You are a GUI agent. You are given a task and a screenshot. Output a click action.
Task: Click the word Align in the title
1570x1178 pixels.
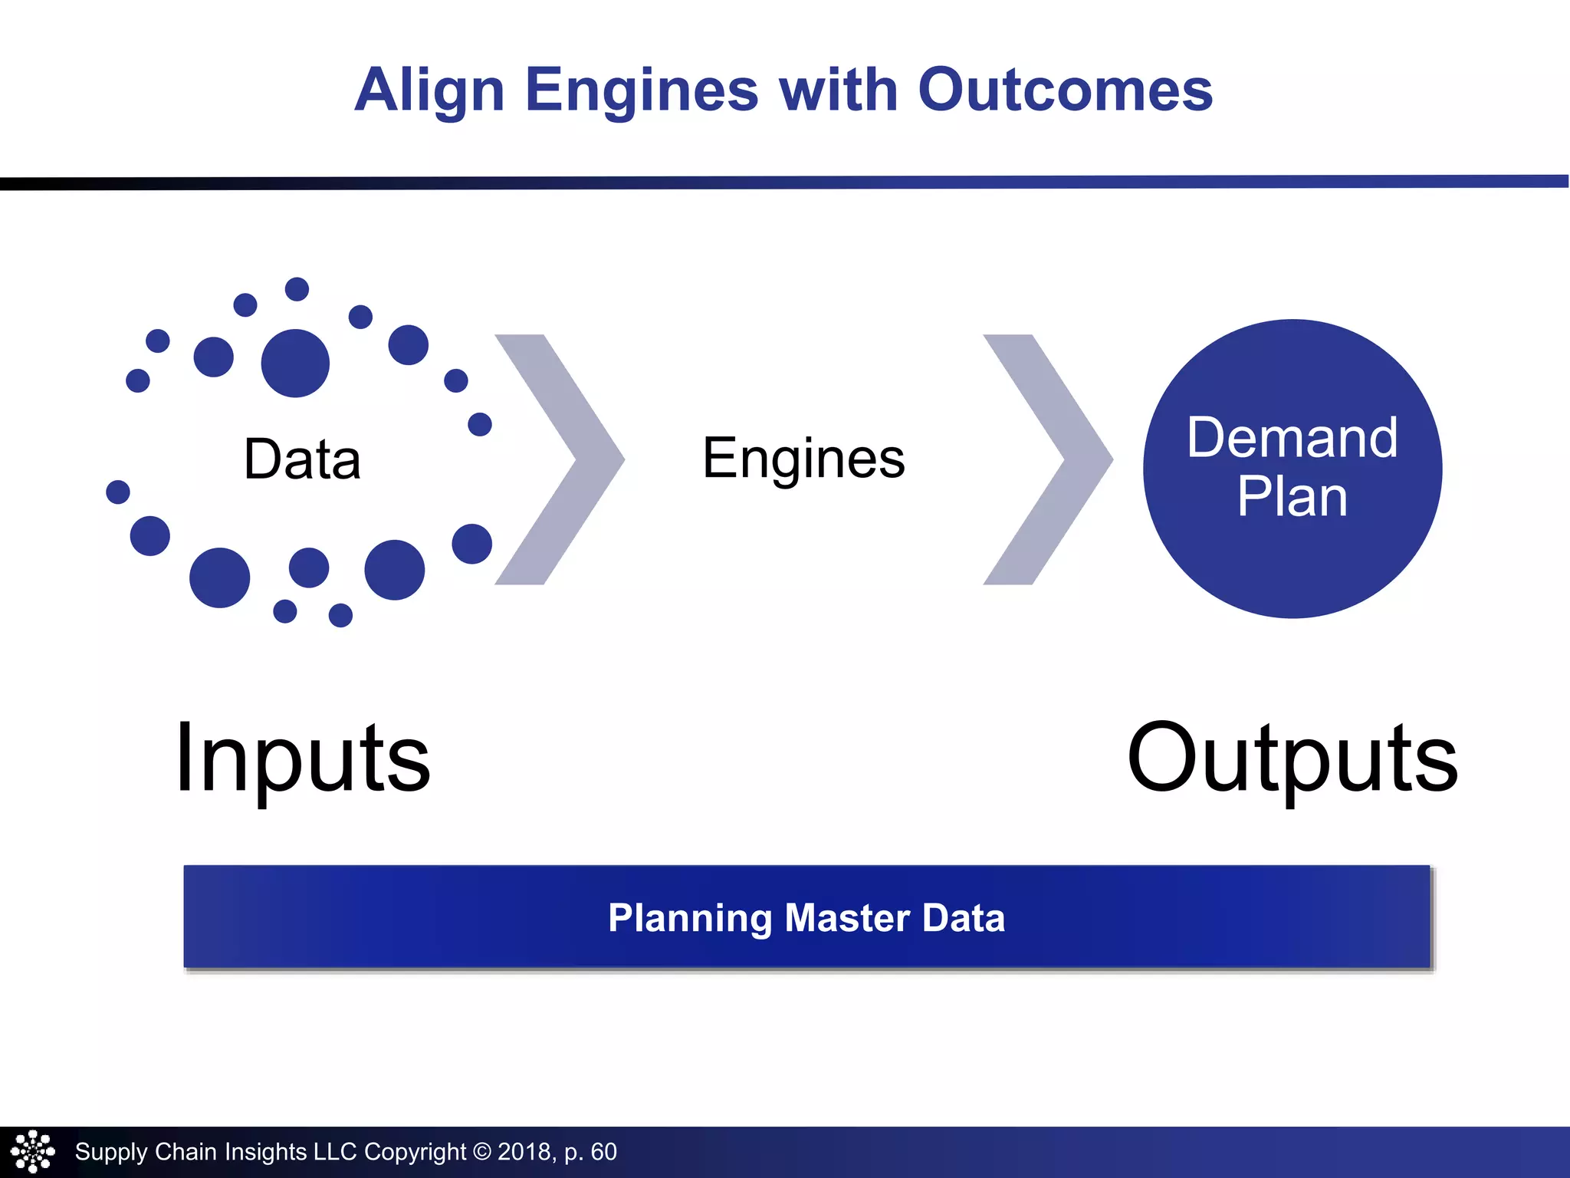click(x=429, y=90)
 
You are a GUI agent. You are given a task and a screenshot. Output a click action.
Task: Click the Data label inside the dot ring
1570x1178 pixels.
click(x=302, y=459)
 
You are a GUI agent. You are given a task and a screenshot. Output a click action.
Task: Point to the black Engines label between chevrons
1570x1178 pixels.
click(x=803, y=458)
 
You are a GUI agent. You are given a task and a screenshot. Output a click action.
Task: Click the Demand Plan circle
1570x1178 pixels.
click(x=1292, y=469)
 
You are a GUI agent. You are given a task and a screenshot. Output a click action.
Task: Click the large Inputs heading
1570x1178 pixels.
click(x=303, y=758)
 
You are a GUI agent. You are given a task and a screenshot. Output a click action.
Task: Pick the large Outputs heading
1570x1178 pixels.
click(x=1292, y=758)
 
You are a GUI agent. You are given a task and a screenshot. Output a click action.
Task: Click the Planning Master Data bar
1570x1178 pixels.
click(x=806, y=916)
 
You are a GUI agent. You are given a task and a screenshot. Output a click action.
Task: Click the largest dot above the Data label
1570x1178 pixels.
click(x=295, y=364)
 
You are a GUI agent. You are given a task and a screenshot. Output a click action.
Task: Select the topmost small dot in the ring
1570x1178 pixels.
click(x=297, y=289)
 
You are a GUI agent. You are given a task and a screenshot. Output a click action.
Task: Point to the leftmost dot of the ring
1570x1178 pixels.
click(x=118, y=492)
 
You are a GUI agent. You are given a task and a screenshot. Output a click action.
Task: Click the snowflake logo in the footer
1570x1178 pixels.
click(x=32, y=1151)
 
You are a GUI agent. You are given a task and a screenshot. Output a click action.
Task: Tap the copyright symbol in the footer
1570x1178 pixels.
click(x=481, y=1151)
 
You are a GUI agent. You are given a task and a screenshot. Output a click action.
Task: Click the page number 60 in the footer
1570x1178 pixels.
click(x=603, y=1151)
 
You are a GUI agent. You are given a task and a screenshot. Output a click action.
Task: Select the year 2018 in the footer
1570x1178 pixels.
click(x=524, y=1151)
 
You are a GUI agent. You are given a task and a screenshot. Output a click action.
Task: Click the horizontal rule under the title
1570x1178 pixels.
click(x=785, y=183)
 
